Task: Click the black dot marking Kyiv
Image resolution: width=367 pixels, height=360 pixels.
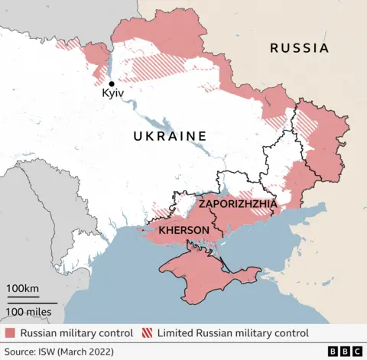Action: (x=112, y=84)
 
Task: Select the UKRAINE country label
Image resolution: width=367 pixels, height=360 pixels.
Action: (x=170, y=136)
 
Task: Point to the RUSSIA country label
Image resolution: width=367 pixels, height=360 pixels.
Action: (x=299, y=48)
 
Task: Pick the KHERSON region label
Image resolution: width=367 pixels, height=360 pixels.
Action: (x=184, y=230)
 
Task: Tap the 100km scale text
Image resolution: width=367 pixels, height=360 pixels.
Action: (x=24, y=288)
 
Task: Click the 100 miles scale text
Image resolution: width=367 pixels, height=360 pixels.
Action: (x=29, y=311)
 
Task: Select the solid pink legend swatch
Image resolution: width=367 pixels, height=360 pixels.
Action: (x=9, y=333)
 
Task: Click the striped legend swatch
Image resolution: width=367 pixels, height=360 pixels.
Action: (x=147, y=333)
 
